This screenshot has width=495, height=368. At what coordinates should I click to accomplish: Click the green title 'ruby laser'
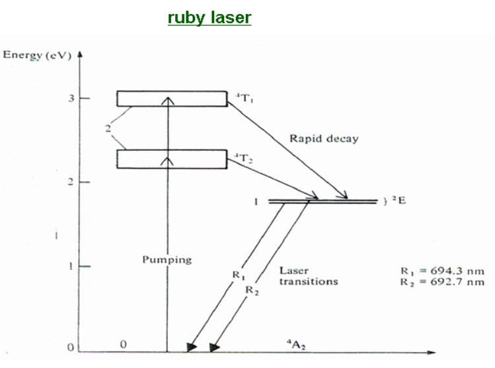point(209,18)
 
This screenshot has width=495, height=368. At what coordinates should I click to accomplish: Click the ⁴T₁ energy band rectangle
point(172,98)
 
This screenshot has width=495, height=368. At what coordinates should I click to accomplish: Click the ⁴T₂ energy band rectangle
point(172,159)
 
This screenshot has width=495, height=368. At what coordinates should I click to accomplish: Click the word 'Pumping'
point(167,259)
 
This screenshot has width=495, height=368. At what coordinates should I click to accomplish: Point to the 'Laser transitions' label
point(309,276)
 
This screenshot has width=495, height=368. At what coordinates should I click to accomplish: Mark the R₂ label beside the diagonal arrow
point(252,289)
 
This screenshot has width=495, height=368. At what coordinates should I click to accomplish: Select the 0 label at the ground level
point(124,344)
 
